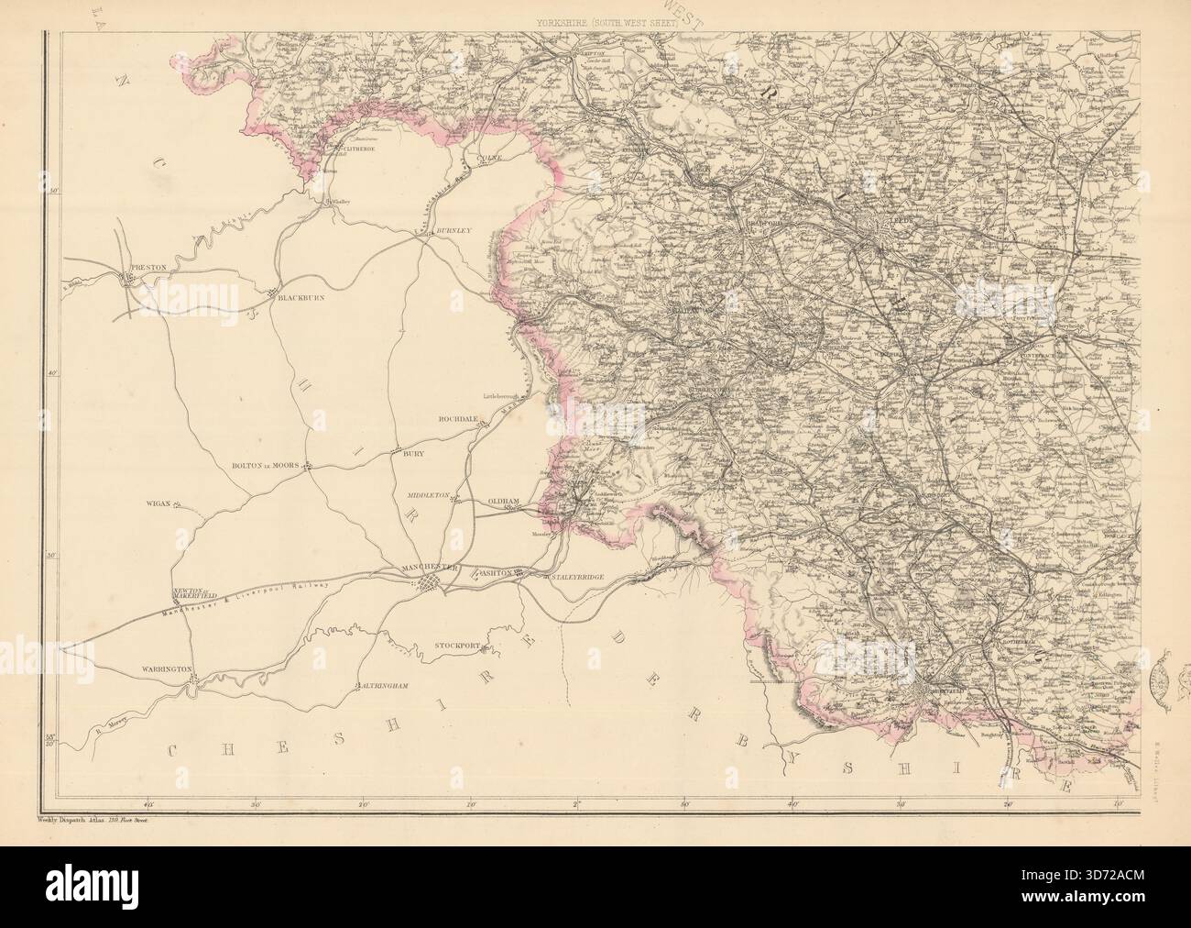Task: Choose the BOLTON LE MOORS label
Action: coord(265,466)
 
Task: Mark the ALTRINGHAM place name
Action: coord(381,686)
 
